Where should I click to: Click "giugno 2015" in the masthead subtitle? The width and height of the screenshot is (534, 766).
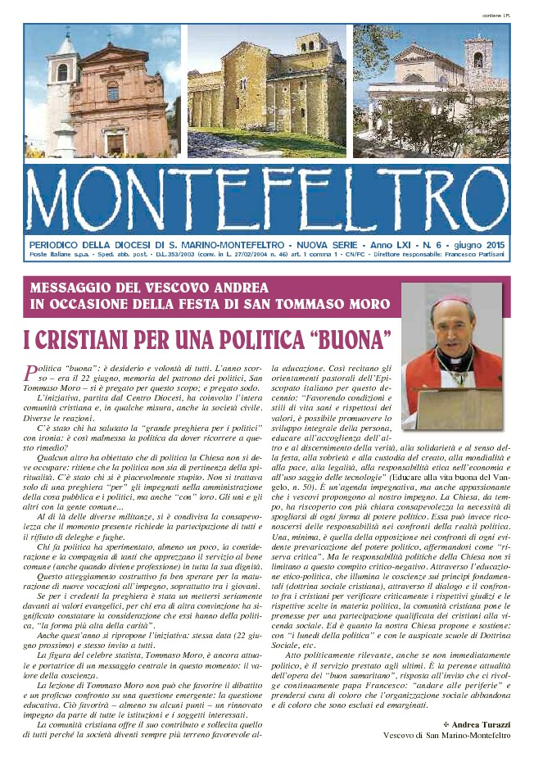481,245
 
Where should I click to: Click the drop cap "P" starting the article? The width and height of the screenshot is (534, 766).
32,373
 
